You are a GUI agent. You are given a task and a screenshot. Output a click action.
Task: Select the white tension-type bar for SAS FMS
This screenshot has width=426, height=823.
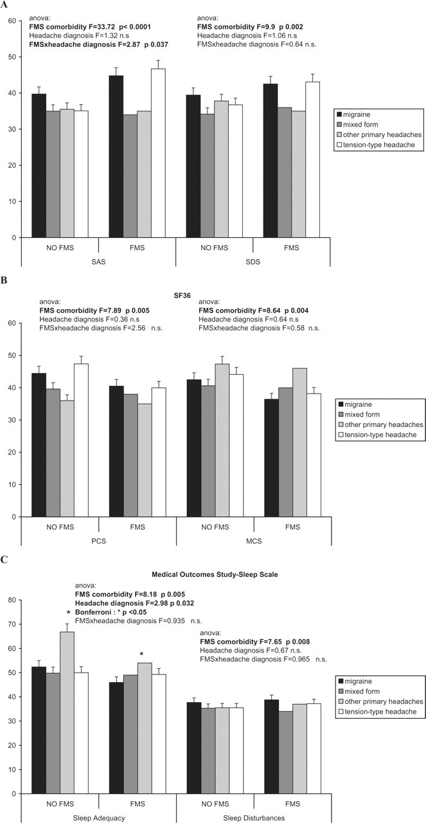pos(158,153)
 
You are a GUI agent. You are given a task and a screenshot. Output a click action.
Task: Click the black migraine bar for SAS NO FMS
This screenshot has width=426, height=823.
pos(39,166)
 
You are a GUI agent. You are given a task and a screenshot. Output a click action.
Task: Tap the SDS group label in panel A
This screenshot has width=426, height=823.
pos(253,262)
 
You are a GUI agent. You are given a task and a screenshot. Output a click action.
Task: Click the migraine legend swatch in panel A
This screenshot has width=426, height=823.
pos(339,114)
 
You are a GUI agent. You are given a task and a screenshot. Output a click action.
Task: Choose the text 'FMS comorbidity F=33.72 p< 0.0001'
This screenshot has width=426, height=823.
pos(90,27)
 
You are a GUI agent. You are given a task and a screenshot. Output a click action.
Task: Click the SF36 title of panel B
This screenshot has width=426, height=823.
pos(182,295)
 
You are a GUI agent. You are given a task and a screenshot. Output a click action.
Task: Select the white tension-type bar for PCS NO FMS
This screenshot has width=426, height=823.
pos(81,440)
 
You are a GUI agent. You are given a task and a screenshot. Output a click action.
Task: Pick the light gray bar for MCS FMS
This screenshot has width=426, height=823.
pos(299,442)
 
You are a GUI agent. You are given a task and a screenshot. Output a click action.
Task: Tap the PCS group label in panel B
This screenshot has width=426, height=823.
pos(98,541)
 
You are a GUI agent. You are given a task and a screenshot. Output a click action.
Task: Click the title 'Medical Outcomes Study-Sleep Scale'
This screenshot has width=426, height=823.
pos(215,574)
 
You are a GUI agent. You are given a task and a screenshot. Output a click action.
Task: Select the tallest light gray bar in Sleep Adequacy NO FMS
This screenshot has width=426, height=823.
pos(67,713)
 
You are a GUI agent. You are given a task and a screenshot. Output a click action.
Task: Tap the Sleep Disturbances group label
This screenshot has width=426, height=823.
pos(254,818)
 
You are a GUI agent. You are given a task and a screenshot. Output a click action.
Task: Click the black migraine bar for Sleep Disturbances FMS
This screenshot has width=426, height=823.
pos(271,746)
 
